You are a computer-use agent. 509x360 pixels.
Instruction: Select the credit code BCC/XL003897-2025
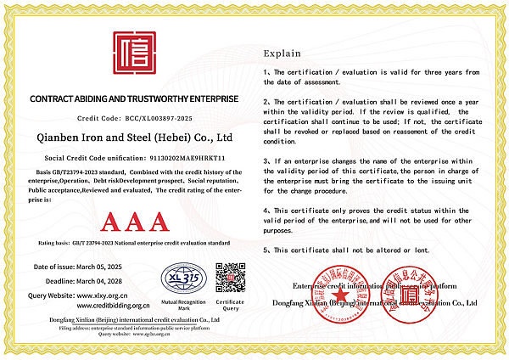pos(159,119)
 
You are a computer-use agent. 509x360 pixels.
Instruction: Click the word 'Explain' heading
pos(282,52)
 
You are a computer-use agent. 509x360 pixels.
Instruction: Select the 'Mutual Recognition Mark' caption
pos(183,304)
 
